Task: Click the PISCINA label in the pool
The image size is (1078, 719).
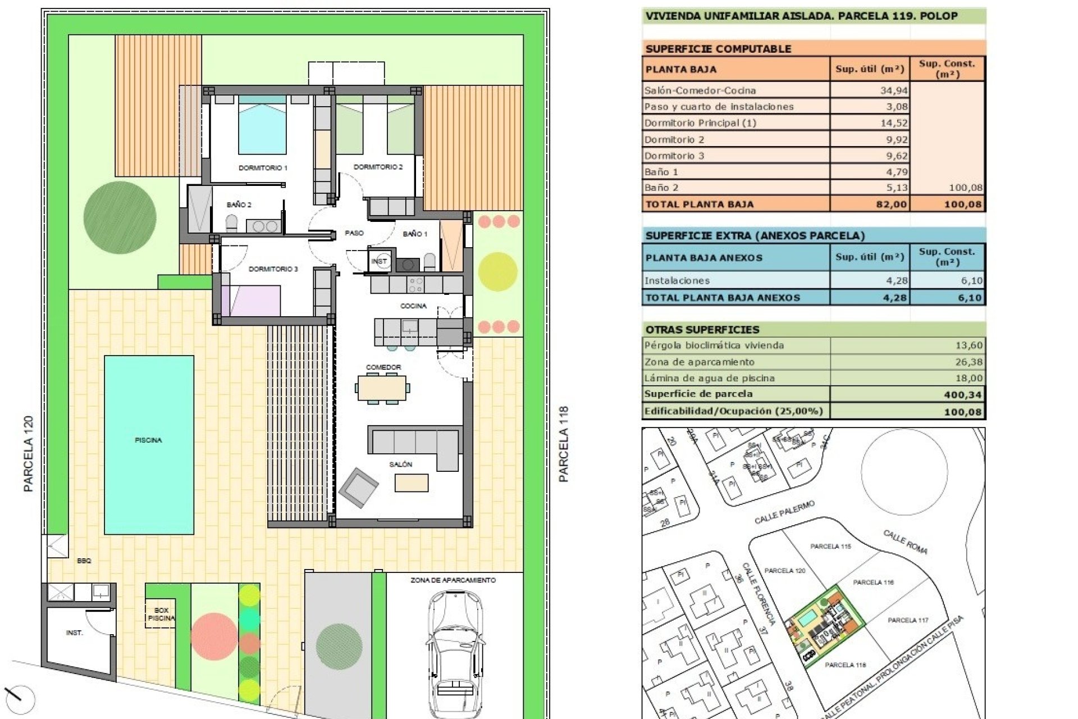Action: (x=148, y=440)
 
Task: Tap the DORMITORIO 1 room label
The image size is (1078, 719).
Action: (x=263, y=167)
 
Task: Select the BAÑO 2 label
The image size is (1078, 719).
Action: (x=239, y=204)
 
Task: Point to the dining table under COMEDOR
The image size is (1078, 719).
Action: (x=382, y=388)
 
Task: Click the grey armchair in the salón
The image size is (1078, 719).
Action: (x=358, y=487)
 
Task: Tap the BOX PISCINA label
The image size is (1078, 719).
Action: (x=161, y=614)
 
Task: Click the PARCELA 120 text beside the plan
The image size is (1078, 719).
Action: (x=29, y=454)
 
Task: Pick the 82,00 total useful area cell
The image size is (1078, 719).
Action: (x=891, y=204)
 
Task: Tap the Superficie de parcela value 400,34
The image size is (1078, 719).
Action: (x=963, y=395)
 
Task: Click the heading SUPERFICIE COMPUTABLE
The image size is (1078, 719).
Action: (x=718, y=49)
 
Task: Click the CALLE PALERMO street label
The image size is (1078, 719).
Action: (x=784, y=512)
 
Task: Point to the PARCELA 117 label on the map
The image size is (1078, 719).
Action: (x=908, y=620)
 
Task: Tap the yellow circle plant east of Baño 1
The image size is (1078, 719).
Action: (x=497, y=271)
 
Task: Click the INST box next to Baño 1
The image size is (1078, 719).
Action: (x=380, y=261)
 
